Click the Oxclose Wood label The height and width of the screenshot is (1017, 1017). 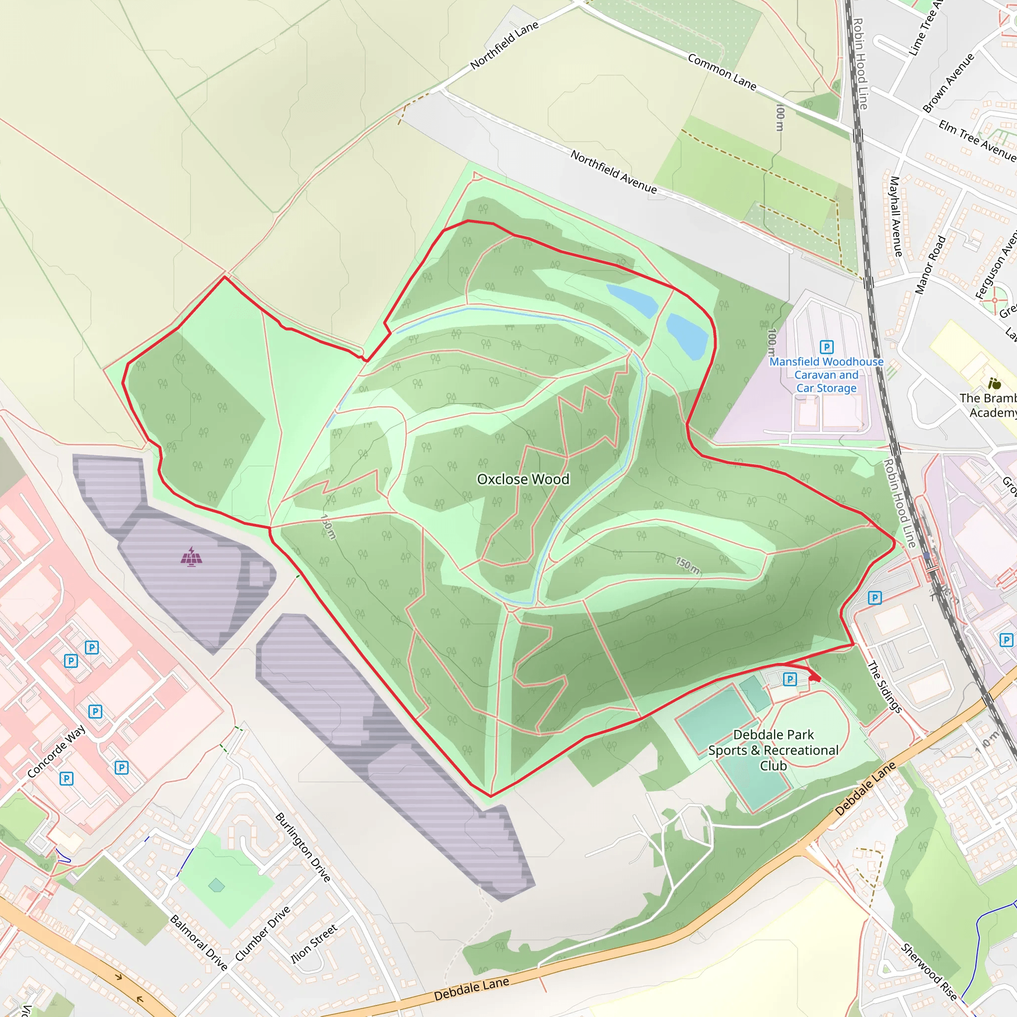pos(523,479)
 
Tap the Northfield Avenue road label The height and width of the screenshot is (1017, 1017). pos(614,172)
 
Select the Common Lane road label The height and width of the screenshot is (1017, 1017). pos(722,72)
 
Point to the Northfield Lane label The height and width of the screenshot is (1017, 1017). pos(505,45)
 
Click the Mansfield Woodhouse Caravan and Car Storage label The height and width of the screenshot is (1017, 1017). pos(826,375)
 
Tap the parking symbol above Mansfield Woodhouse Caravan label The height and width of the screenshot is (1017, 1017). pos(826,347)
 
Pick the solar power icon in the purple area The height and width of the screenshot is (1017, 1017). pos(191,557)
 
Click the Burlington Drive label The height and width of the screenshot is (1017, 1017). pos(303,847)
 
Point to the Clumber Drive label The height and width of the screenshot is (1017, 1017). pos(262,933)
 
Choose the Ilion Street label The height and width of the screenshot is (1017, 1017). pos(314,944)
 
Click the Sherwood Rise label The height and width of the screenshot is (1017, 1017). pos(929,972)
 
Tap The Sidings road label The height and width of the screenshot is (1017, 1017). pos(884,687)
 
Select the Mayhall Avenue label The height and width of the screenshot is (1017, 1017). pos(895,217)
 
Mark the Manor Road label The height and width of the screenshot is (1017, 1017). pos(930,265)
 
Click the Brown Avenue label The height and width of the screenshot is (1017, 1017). pos(948,82)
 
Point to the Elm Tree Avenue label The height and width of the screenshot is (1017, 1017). pos(977,140)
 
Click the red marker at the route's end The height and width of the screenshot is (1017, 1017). pos(814,677)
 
